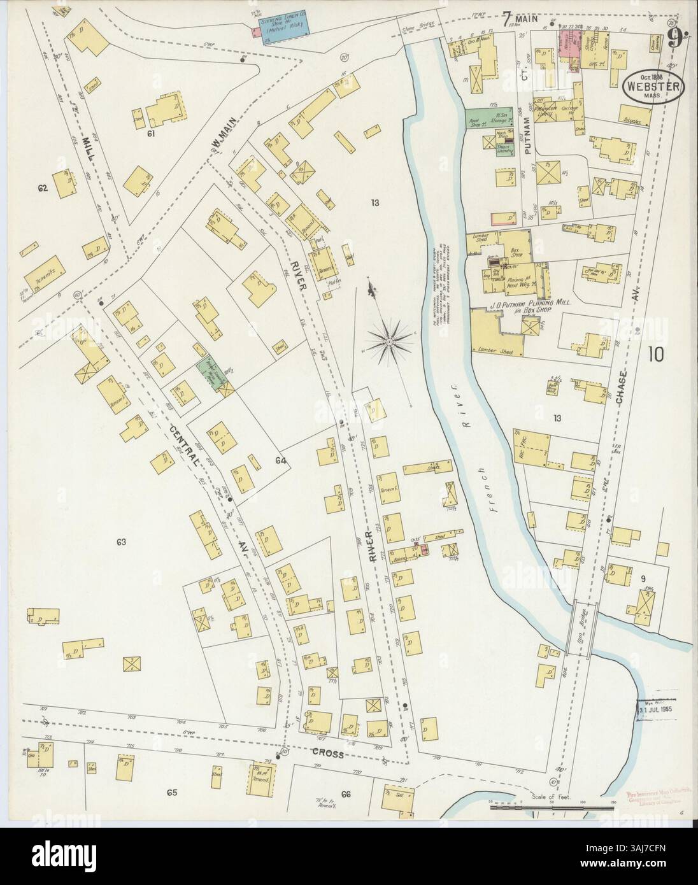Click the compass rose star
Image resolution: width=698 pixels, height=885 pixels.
388,343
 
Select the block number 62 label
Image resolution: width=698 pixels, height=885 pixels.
43,188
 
